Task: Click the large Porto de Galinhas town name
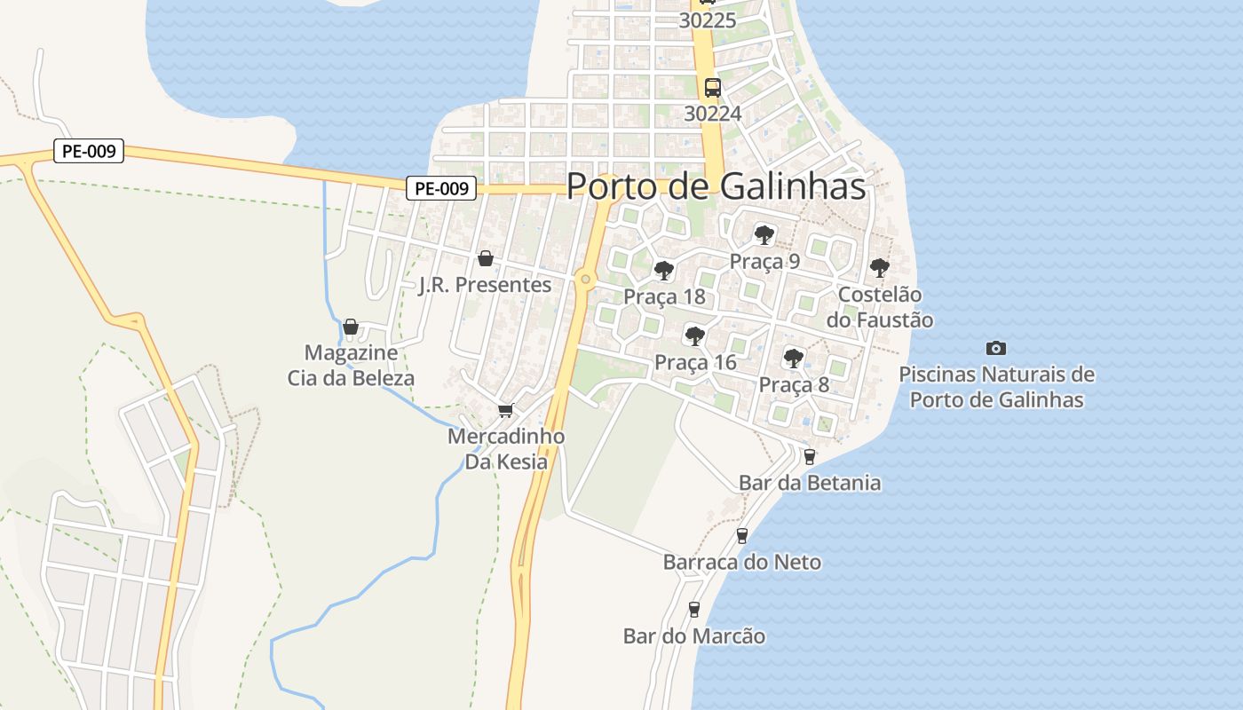tap(716, 186)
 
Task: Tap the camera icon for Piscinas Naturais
tap(996, 348)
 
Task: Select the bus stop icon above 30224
tap(712, 87)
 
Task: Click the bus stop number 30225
tap(708, 20)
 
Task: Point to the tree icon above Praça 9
tap(764, 235)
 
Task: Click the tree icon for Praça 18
tap(663, 271)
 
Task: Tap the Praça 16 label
tap(695, 362)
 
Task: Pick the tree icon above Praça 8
tap(794, 359)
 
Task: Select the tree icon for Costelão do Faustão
tap(879, 268)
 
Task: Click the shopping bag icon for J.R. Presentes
tap(486, 258)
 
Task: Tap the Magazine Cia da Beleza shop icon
tap(351, 327)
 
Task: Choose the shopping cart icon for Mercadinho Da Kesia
tap(505, 410)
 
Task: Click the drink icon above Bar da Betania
tap(809, 457)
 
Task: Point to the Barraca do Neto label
tap(742, 562)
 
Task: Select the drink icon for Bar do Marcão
tap(694, 610)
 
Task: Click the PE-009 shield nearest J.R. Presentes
tap(441, 188)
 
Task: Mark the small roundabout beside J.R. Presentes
tap(584, 280)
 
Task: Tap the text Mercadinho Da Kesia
tap(506, 449)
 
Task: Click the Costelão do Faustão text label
tap(880, 307)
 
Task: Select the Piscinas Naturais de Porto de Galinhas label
tap(996, 387)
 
